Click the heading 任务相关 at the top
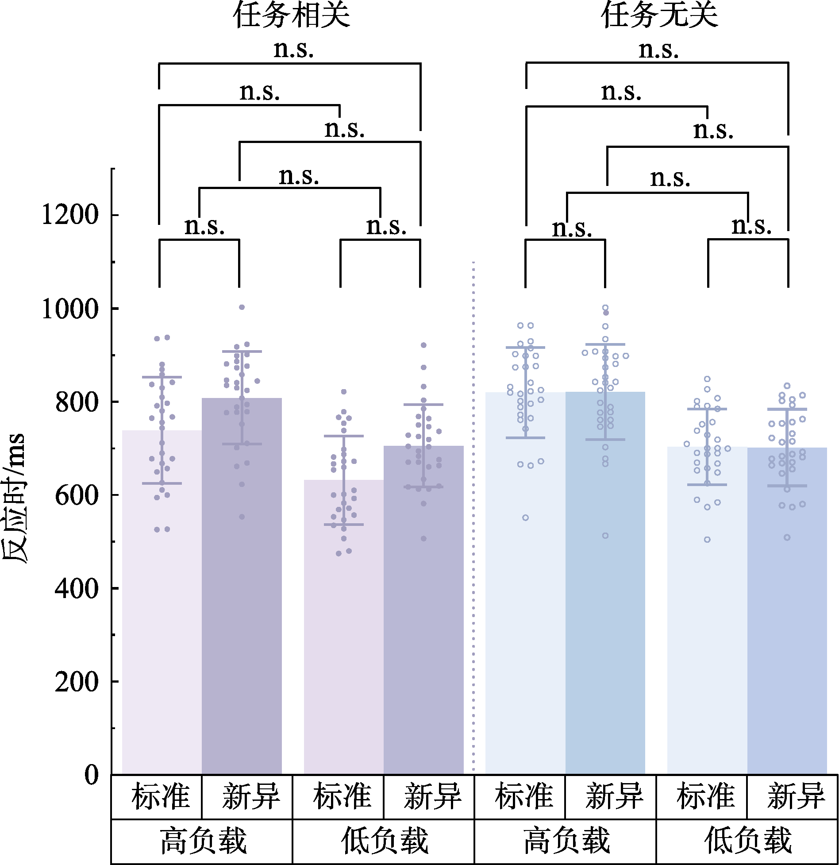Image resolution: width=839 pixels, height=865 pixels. pyautogui.click(x=292, y=15)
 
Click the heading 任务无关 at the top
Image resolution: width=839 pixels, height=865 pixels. pyautogui.click(x=659, y=15)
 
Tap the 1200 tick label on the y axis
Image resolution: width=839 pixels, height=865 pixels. pyautogui.click(x=70, y=215)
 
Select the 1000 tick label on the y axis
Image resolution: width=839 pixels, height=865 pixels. pyautogui.click(x=70, y=309)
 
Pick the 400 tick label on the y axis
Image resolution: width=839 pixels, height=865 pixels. pyautogui.click(x=77, y=589)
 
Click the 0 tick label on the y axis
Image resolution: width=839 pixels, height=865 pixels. pyautogui.click(x=92, y=775)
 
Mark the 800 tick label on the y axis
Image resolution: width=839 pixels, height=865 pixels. pyautogui.click(x=77, y=402)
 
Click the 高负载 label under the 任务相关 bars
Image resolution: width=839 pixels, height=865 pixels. pyautogui.click(x=203, y=841)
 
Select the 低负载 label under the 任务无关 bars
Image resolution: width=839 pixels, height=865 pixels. pyautogui.click(x=748, y=841)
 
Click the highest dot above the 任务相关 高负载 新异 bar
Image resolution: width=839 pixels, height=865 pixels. pyautogui.click(x=242, y=307)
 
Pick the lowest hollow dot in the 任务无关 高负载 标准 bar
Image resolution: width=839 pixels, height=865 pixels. pyautogui.click(x=525, y=517)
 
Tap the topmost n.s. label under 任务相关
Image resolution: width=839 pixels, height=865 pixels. pyautogui.click(x=293, y=49)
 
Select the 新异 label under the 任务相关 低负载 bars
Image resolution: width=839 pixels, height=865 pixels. pyautogui.click(x=432, y=796)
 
